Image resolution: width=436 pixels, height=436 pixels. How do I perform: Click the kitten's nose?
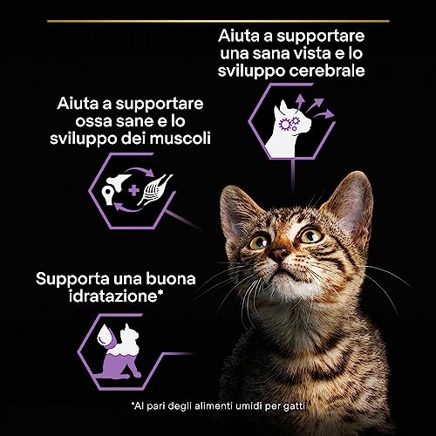277,255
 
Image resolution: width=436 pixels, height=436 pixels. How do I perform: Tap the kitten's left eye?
258,243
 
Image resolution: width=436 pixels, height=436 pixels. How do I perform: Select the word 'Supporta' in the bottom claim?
69,278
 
